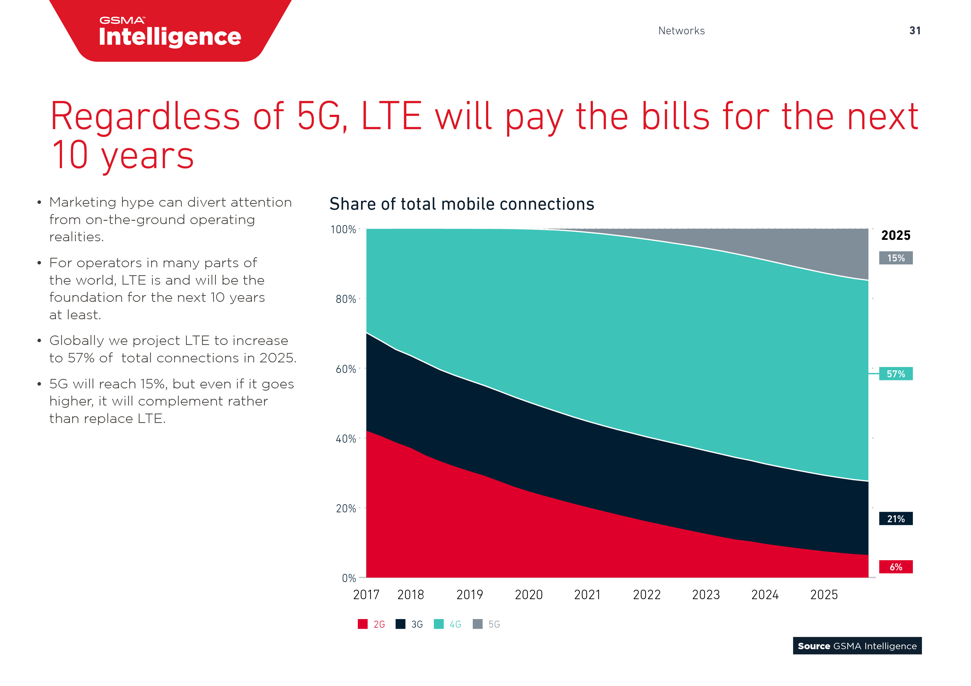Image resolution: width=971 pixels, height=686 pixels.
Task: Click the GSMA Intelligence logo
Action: [x=170, y=32]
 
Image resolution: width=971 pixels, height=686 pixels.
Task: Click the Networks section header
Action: [x=681, y=31]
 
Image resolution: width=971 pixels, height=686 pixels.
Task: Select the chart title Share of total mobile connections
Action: [x=461, y=204]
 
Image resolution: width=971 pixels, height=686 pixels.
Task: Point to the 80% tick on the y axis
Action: [x=345, y=299]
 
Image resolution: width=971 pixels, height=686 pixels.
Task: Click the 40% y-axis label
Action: [x=345, y=439]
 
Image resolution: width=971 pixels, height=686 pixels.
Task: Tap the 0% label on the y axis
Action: [x=348, y=578]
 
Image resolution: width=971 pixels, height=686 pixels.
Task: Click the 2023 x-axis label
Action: [x=705, y=595]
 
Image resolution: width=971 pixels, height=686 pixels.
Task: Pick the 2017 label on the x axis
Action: [x=366, y=595]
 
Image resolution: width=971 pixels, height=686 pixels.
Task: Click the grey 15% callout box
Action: [x=895, y=258]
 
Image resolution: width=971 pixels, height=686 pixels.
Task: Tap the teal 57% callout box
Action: [x=895, y=374]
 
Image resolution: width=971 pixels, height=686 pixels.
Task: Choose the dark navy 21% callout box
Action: [x=895, y=519]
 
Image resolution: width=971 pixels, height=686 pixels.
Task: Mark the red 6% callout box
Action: [x=895, y=567]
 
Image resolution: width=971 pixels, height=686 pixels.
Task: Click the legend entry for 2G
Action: [x=371, y=624]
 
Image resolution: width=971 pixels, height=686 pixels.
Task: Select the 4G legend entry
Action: [x=447, y=624]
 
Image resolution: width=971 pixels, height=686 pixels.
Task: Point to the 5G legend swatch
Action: [x=477, y=624]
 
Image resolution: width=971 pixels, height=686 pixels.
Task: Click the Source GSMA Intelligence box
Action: [x=857, y=646]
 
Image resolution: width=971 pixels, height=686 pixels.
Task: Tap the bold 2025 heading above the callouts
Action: [x=895, y=235]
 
